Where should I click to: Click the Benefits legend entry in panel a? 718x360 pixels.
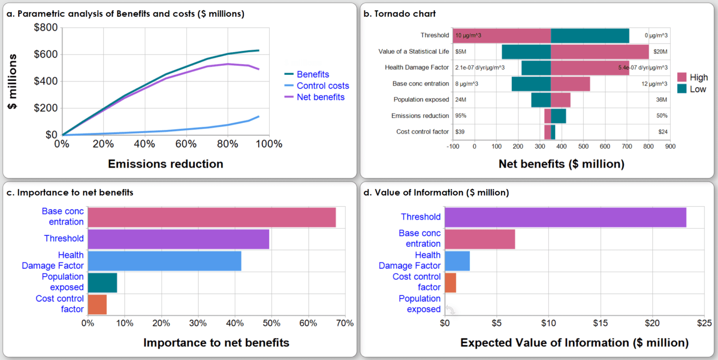pos(313,74)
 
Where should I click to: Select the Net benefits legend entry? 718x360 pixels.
pos(320,97)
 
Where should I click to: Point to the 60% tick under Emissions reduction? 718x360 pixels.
pos(186,144)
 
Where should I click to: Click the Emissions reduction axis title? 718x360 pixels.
pos(165,164)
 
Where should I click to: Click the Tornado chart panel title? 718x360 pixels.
pos(399,14)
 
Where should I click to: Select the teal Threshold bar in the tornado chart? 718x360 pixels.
pos(590,36)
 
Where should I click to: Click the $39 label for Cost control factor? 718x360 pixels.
pos(460,132)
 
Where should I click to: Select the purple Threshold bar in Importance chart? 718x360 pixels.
pos(178,238)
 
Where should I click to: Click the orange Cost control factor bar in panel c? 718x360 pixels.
pos(97,304)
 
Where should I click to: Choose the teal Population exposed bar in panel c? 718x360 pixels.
pos(102,282)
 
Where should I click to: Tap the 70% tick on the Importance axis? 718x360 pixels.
pos(345,323)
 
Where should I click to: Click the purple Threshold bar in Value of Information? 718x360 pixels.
pos(565,217)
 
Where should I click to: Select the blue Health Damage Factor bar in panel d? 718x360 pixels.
pos(457,260)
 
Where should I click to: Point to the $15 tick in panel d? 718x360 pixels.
pos(600,323)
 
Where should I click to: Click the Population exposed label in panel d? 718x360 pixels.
pos(419,304)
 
